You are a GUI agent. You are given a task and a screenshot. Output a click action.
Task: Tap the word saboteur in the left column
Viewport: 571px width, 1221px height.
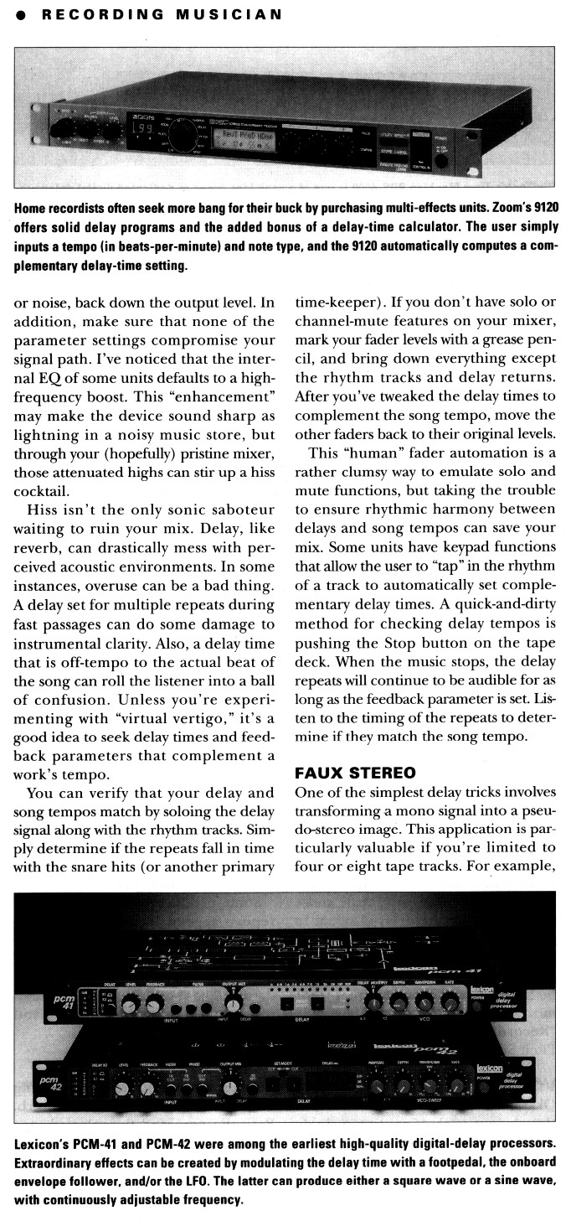(x=239, y=509)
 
